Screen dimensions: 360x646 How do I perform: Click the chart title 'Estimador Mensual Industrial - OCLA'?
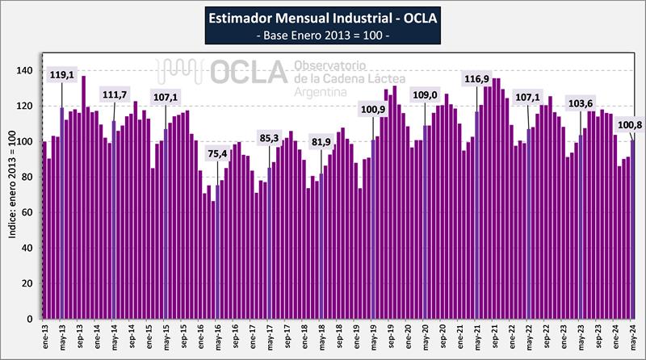pyautogui.click(x=322, y=17)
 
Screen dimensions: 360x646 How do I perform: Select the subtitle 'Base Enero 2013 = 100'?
pyautogui.click(x=322, y=36)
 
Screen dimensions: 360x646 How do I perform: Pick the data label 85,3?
pyautogui.click(x=269, y=137)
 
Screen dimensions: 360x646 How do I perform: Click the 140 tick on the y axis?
pyautogui.click(x=31, y=71)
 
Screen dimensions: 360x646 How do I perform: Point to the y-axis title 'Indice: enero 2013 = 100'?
pyautogui.click(x=11, y=195)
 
